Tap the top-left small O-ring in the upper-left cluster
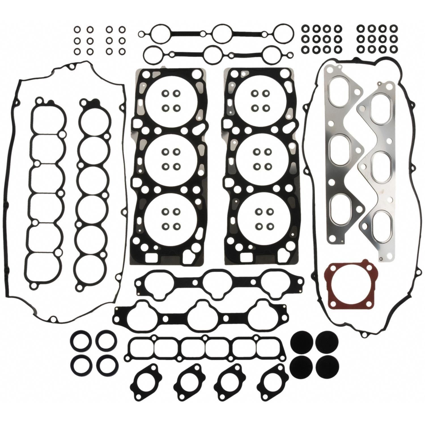(77, 29)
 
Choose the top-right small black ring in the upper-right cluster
(394, 28)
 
